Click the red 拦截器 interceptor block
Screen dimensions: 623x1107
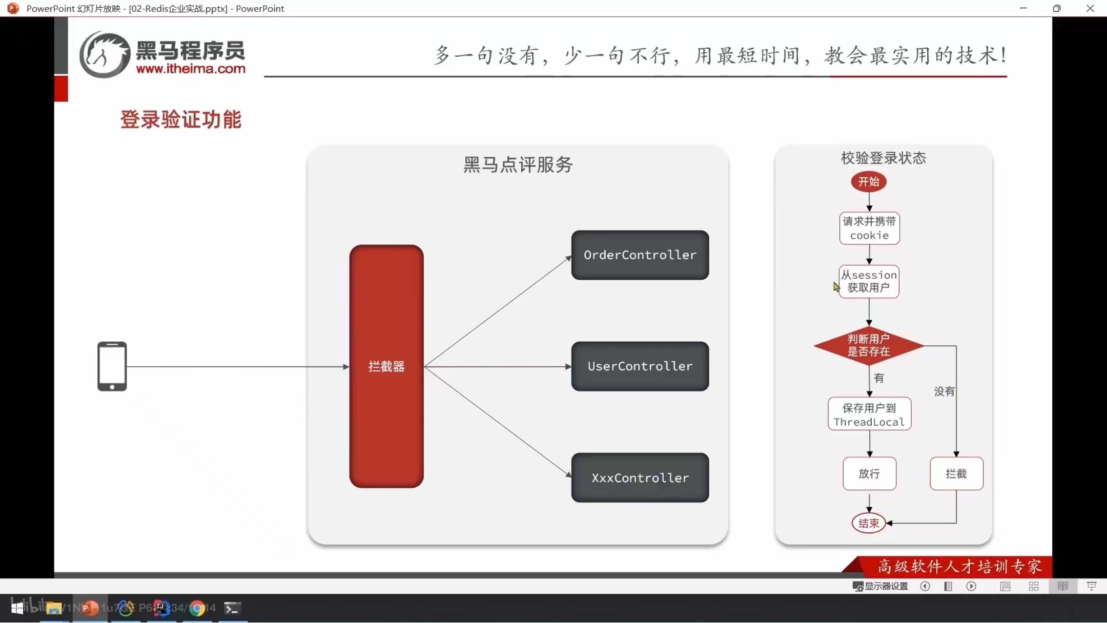coord(386,366)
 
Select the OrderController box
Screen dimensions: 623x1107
coord(640,255)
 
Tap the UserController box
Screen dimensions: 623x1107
coord(640,366)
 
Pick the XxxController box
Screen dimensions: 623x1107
coord(640,477)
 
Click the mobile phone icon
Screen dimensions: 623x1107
coord(112,366)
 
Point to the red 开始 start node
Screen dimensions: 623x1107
coord(869,182)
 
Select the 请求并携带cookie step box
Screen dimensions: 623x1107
coord(869,229)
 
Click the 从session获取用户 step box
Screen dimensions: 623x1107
coord(869,281)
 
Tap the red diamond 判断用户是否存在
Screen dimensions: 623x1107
coord(869,345)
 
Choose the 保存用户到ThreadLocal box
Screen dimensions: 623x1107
coord(869,414)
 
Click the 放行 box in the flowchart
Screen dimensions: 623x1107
coord(869,473)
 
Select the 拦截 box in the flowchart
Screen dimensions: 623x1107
coord(956,473)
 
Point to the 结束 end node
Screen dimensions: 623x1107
coord(869,523)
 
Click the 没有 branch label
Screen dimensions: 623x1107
coord(944,391)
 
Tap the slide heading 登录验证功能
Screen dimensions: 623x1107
coord(180,119)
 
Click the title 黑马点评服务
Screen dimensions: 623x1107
coord(518,164)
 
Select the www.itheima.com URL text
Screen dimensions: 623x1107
coord(191,69)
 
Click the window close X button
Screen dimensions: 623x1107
coord(1090,8)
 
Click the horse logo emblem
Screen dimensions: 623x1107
coord(105,55)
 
